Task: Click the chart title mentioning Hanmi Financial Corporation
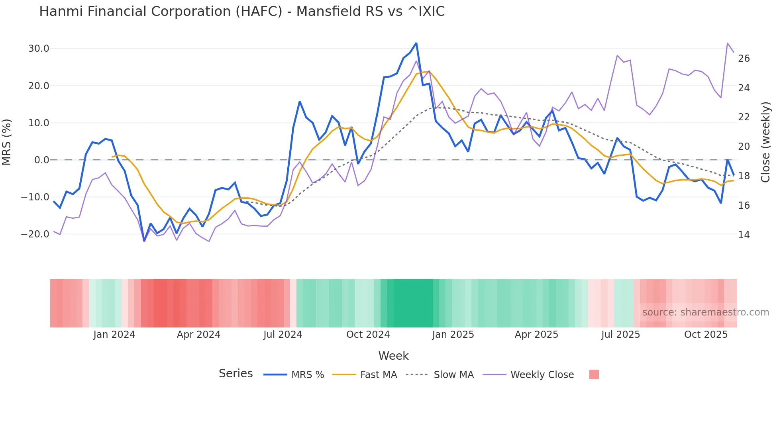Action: (242, 12)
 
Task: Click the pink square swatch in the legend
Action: (594, 374)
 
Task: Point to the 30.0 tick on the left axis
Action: (39, 49)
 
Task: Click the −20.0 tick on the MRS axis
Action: (35, 234)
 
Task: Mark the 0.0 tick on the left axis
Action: (41, 160)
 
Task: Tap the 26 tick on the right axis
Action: (744, 59)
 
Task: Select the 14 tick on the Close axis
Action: (744, 235)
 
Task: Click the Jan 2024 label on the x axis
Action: (114, 335)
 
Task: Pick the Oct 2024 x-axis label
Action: (368, 335)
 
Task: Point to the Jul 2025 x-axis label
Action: (620, 335)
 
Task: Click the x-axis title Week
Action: (393, 356)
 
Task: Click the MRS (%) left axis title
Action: (7, 142)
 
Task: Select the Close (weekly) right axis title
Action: (765, 142)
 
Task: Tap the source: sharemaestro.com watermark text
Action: (705, 312)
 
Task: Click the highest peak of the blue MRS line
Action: (416, 43)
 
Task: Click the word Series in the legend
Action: (235, 374)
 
